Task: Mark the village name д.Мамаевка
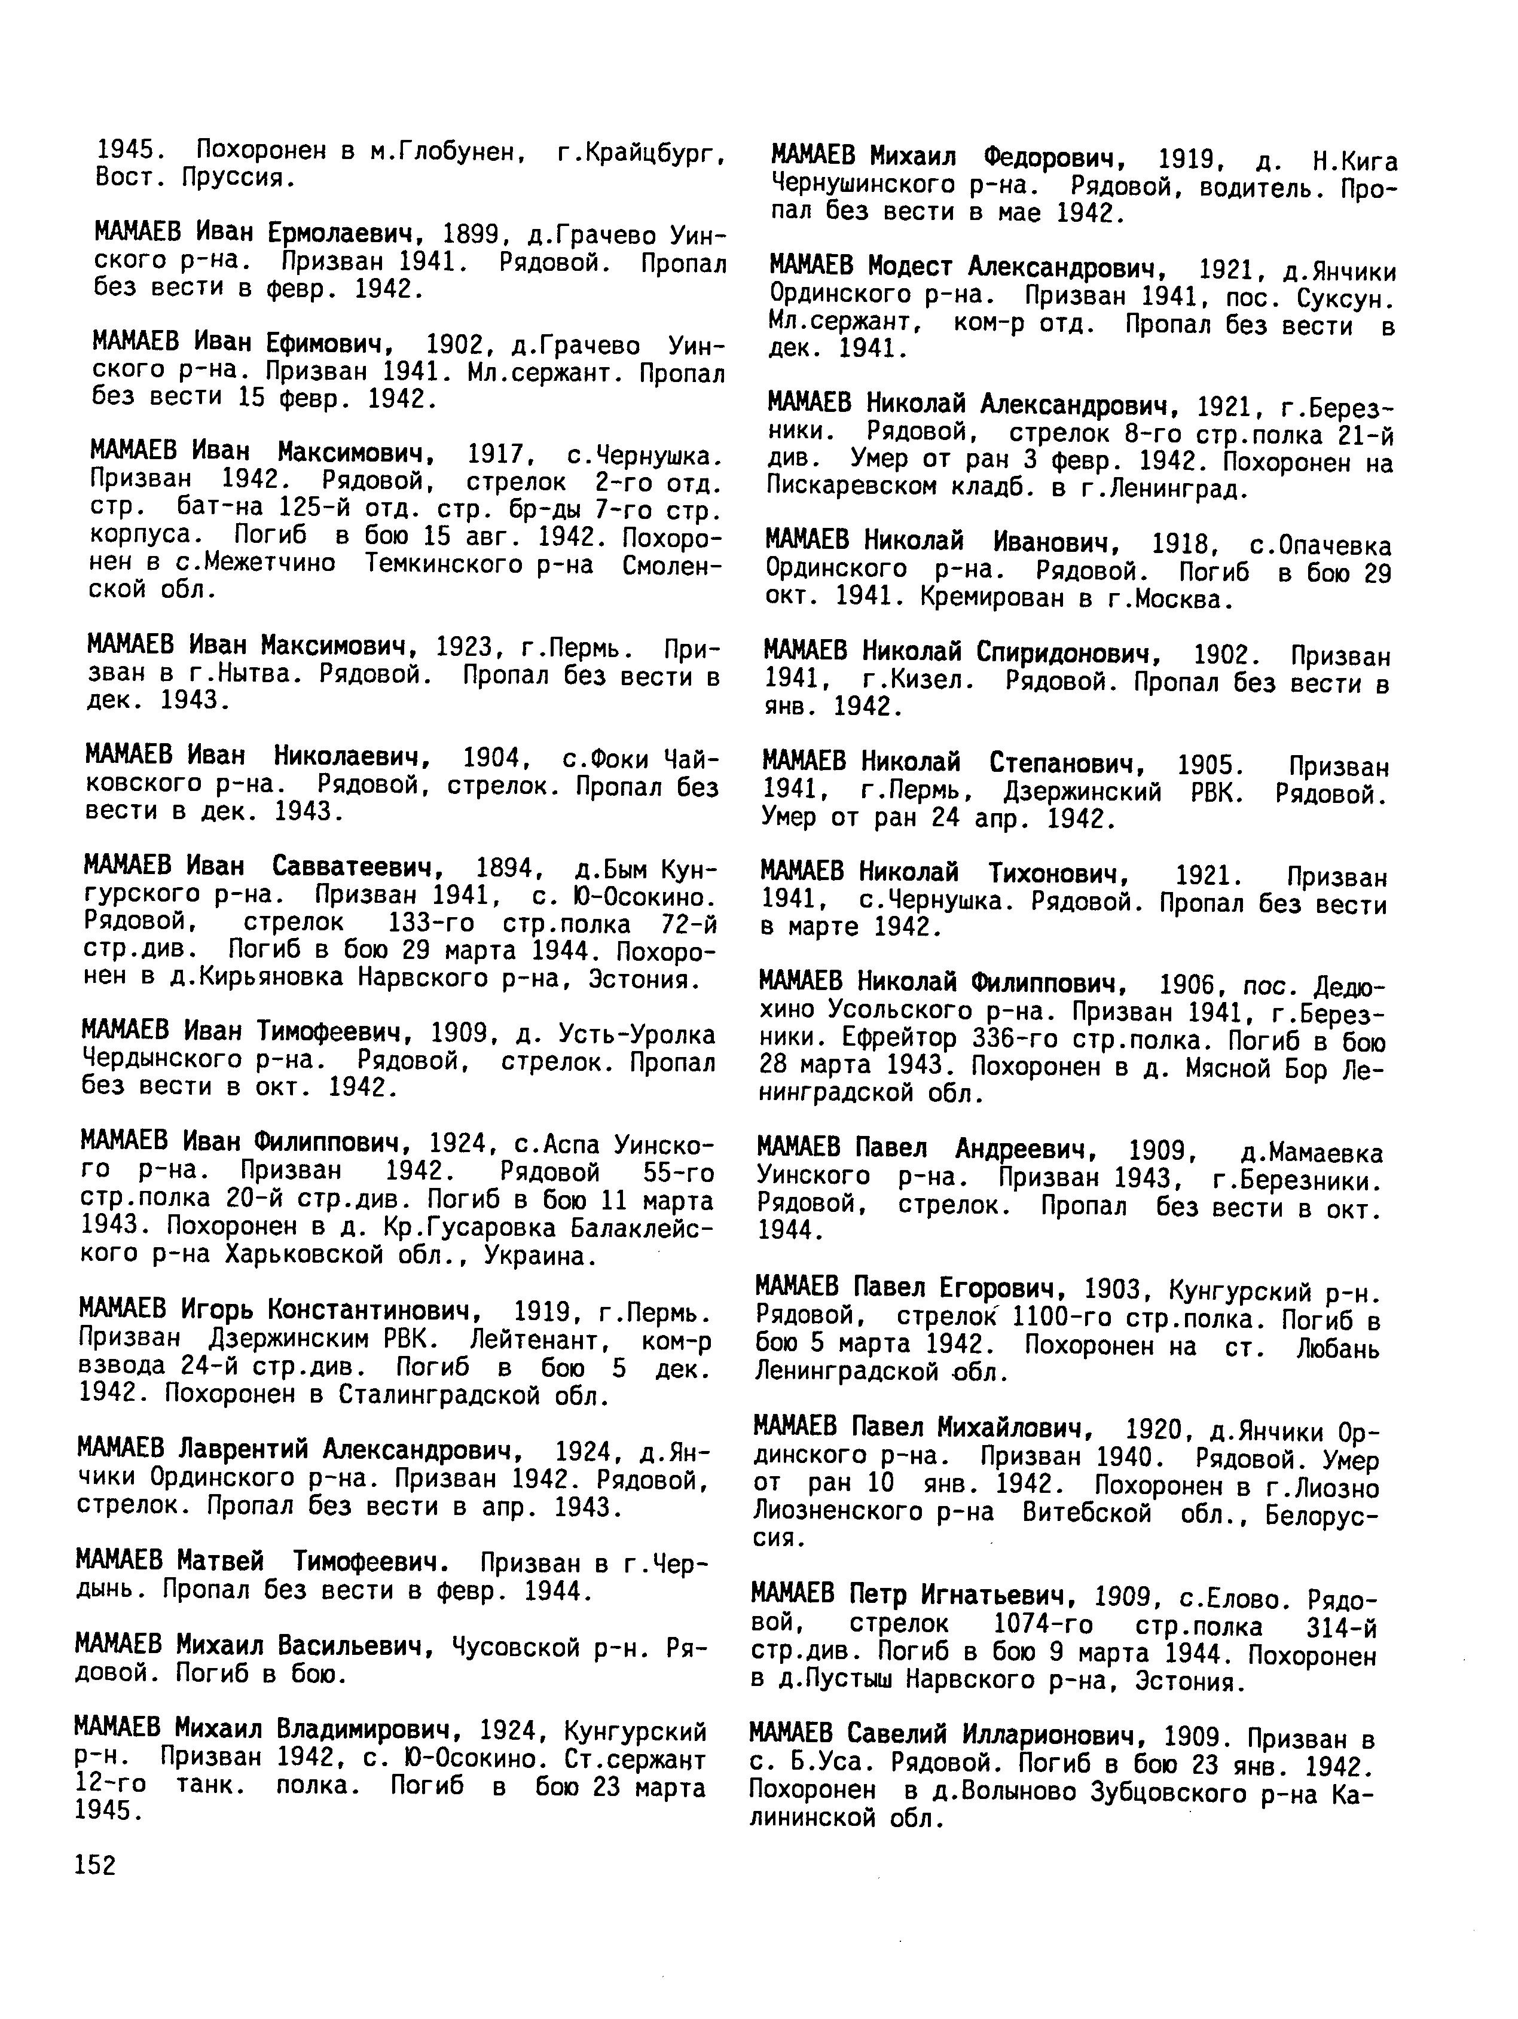[1312, 1154]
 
